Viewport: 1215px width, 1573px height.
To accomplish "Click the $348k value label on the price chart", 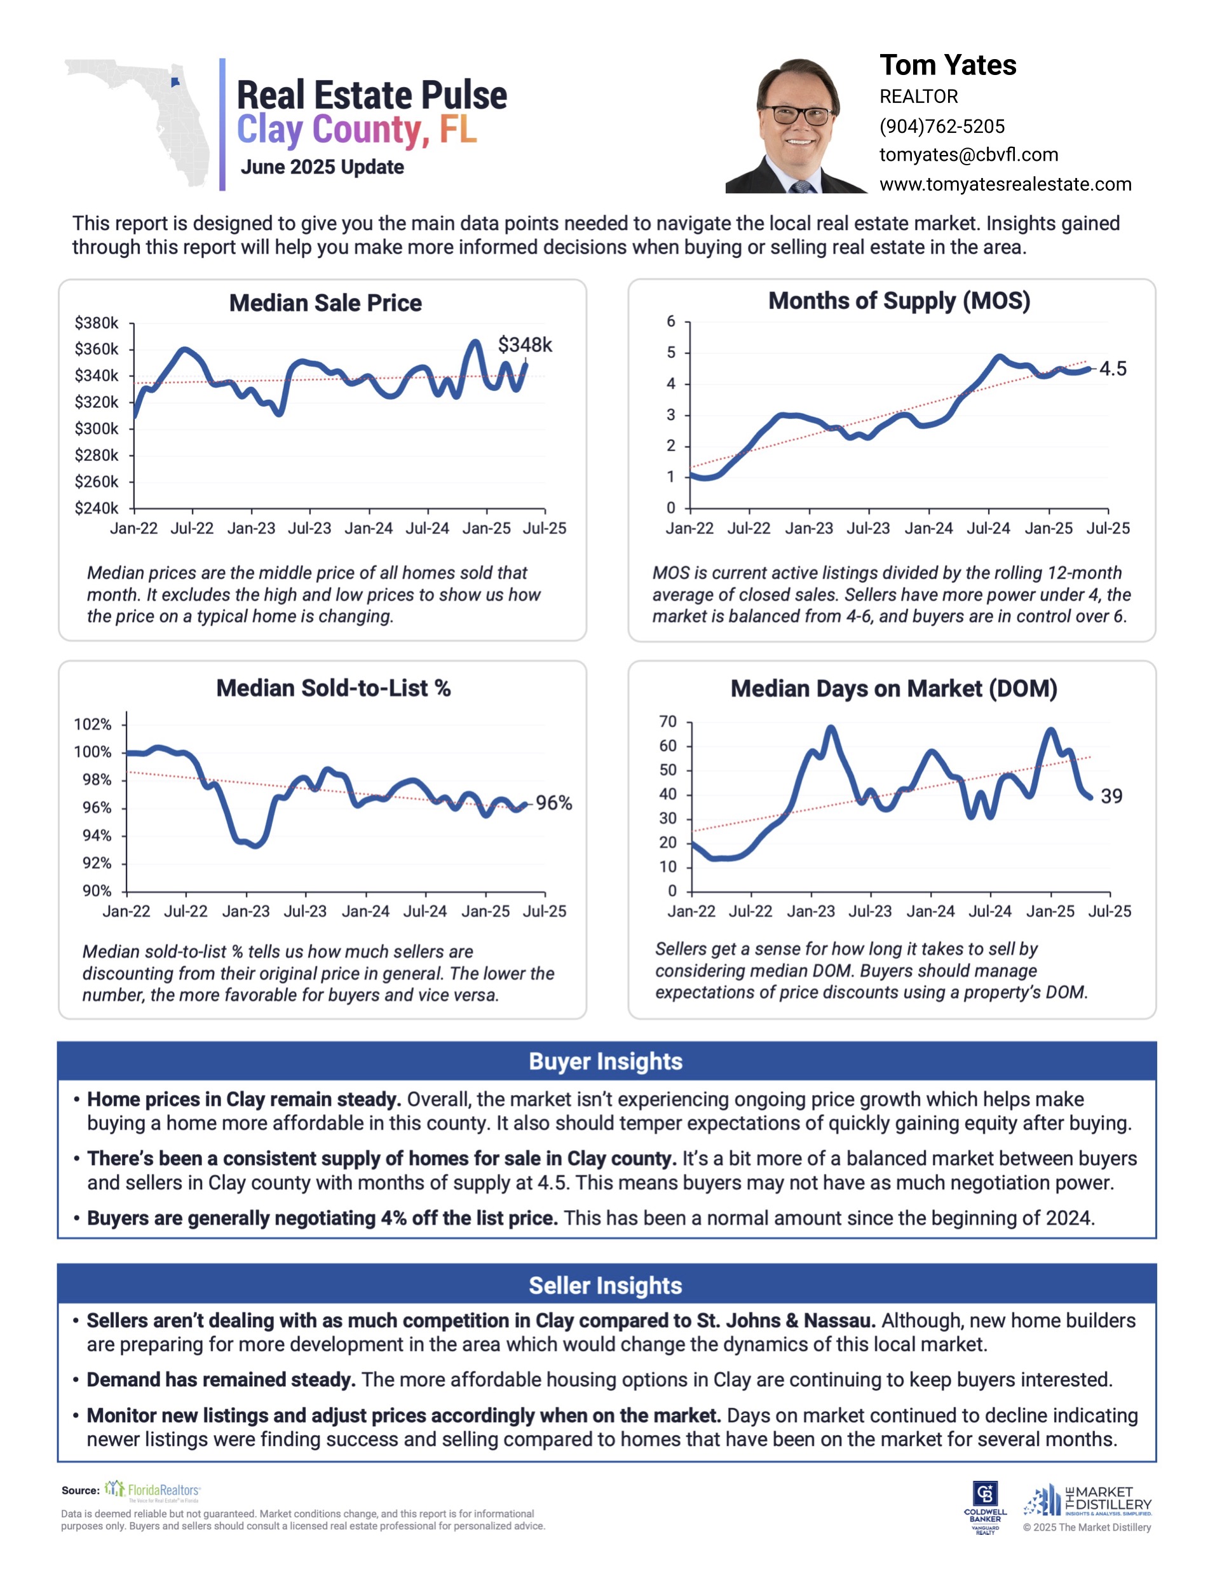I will pos(524,345).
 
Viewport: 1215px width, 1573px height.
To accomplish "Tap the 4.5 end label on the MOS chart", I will pos(1112,369).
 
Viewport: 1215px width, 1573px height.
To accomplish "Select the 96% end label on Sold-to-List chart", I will pos(553,803).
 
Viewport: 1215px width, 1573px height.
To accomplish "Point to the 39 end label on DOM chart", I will pos(1111,796).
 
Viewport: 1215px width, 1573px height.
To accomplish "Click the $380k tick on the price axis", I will pos(97,323).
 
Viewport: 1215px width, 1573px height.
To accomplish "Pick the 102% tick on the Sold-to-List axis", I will pos(93,724).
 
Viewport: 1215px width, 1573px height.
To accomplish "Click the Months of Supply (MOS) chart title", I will pos(899,301).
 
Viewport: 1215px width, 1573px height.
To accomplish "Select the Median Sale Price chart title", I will pos(325,303).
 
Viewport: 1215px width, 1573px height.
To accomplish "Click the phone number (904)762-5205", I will pos(941,126).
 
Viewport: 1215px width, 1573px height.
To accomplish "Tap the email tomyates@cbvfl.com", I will pos(968,155).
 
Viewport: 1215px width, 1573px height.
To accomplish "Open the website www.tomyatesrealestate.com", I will pos(1005,184).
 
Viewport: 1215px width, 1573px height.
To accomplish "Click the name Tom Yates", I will pos(947,65).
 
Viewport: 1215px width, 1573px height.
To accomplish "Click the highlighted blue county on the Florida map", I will pos(175,83).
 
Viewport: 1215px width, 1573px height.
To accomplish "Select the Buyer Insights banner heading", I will pos(606,1061).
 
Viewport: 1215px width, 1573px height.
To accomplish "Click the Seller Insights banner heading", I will pos(606,1286).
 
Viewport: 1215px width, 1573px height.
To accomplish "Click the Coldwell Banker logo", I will pos(984,1504).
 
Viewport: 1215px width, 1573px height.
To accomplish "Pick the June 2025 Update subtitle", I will pos(322,167).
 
